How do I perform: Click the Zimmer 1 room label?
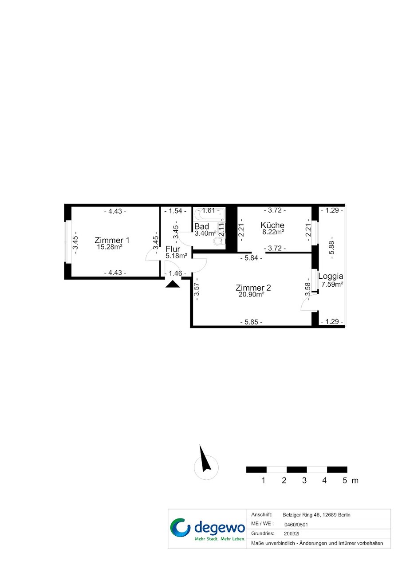coord(112,240)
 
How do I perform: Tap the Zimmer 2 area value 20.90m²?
coord(252,294)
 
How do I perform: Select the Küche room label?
coord(272,225)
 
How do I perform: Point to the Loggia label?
coord(331,277)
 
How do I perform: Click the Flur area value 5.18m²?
coord(177,256)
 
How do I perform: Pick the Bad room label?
coord(201,226)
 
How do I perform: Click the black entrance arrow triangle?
coord(173,284)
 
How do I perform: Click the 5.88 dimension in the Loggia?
coord(331,247)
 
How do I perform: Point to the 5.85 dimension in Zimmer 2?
coord(251,322)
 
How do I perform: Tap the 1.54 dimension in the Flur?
coord(175,211)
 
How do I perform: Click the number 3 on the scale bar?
coord(304,480)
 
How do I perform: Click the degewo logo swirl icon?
coord(180,528)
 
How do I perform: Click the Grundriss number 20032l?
coord(291,533)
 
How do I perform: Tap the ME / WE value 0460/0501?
coord(296,525)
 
